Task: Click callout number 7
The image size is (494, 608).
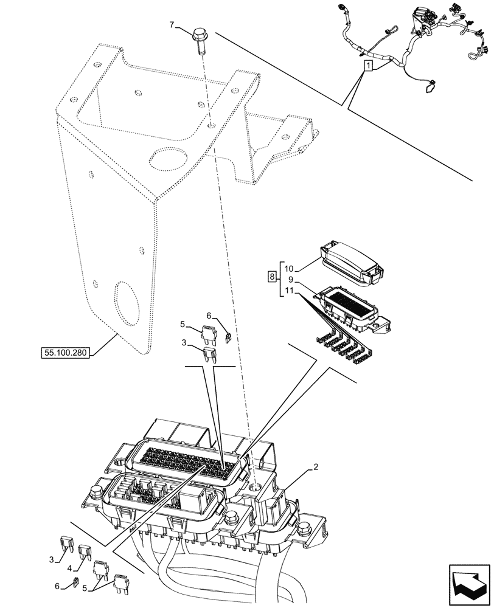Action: point(172,25)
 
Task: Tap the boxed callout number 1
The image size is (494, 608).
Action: point(367,65)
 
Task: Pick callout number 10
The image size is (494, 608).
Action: point(288,268)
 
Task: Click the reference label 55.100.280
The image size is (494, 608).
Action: point(65,353)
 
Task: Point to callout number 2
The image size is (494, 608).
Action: point(316,468)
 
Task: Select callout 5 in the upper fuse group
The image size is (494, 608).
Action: point(182,324)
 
